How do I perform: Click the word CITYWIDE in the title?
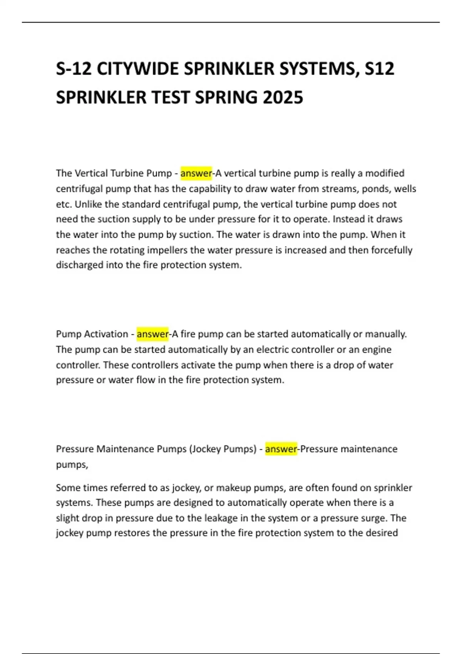(x=137, y=69)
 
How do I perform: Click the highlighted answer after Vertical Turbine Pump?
(x=196, y=173)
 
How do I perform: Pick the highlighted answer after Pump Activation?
(x=152, y=334)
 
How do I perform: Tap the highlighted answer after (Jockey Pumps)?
(x=281, y=449)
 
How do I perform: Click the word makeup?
(x=233, y=488)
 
